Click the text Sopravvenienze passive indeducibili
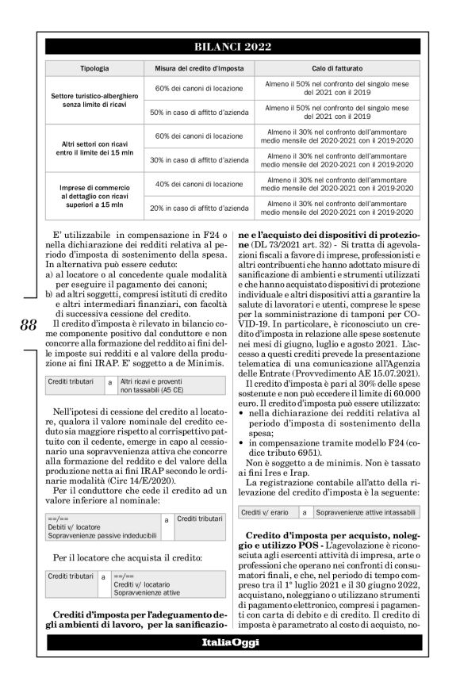pos(100,526)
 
